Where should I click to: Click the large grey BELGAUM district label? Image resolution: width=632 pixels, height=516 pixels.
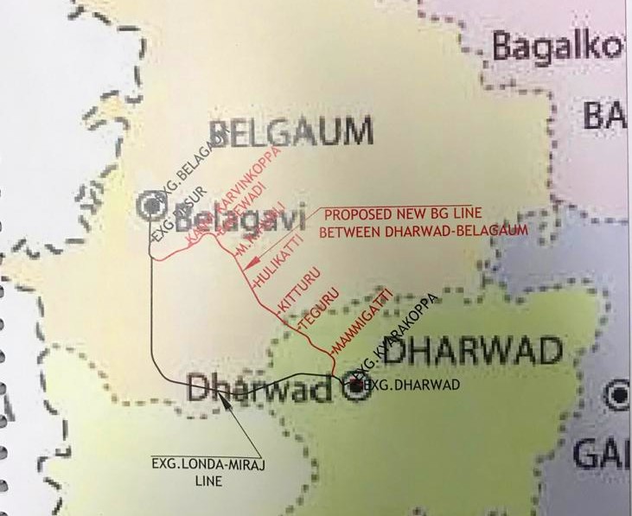[291, 134]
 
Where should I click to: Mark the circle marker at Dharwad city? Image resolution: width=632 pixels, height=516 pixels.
[355, 389]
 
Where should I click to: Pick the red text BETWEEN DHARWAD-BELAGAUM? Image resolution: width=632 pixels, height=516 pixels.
[423, 232]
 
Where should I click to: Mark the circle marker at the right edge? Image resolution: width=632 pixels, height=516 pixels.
[618, 398]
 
